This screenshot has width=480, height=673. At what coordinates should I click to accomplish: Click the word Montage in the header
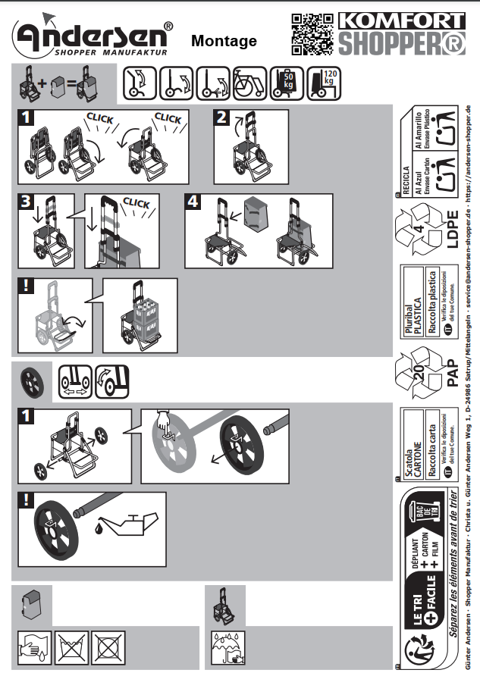(x=224, y=41)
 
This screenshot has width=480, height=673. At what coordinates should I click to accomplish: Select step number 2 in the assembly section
(x=221, y=117)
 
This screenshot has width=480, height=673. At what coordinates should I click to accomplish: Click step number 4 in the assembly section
(x=193, y=202)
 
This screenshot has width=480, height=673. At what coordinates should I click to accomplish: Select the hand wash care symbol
(x=33, y=645)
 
